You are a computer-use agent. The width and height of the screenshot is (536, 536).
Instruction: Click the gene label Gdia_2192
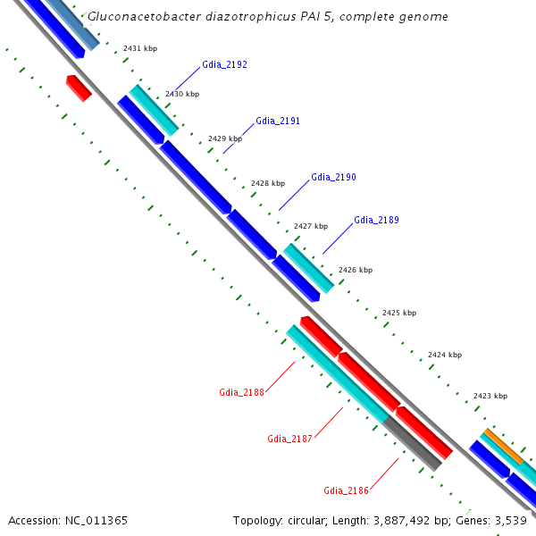point(225,64)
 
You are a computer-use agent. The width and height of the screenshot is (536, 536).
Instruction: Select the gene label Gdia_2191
point(278,121)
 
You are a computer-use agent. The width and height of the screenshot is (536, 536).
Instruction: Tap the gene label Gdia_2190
point(333,177)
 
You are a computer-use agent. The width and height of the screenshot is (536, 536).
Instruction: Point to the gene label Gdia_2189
point(376,220)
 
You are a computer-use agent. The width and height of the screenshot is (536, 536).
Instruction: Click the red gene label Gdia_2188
point(241,392)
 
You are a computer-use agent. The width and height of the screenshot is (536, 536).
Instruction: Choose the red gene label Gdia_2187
point(289,439)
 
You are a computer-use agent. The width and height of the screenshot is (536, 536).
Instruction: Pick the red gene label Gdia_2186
point(346,490)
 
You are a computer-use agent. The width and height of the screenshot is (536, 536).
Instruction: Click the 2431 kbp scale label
point(139,48)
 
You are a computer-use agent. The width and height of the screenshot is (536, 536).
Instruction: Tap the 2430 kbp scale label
point(182,94)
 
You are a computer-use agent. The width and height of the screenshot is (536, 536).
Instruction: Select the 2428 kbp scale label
point(267,183)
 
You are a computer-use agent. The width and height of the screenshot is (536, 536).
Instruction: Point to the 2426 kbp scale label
point(355,270)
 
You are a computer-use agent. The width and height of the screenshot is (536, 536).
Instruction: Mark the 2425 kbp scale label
point(398,314)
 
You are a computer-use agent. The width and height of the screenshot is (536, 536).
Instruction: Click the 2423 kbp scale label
point(490,396)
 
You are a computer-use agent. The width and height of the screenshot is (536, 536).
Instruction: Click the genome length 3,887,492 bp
point(416,520)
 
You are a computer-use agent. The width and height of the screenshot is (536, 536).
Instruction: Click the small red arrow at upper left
point(79,88)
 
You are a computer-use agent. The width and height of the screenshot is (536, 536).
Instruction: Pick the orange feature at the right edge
point(504,447)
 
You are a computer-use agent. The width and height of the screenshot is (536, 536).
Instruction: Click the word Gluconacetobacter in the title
point(141,17)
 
